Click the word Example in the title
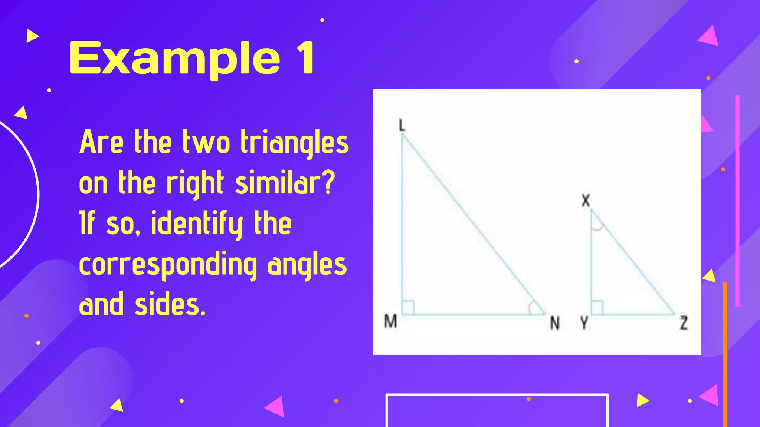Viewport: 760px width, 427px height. click(x=174, y=59)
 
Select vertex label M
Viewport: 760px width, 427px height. click(x=390, y=321)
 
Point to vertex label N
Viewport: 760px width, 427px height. click(x=554, y=323)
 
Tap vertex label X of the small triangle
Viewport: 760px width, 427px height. click(x=586, y=201)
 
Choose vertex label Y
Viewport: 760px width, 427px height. click(x=584, y=323)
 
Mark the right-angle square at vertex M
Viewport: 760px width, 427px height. click(x=408, y=308)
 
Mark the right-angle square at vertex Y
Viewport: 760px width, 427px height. click(x=597, y=308)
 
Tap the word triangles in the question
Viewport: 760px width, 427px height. click(x=295, y=143)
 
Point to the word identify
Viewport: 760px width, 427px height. click(x=197, y=224)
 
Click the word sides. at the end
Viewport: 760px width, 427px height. click(x=170, y=305)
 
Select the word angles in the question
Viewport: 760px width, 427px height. click(x=307, y=265)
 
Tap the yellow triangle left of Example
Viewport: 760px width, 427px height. click(x=32, y=36)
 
